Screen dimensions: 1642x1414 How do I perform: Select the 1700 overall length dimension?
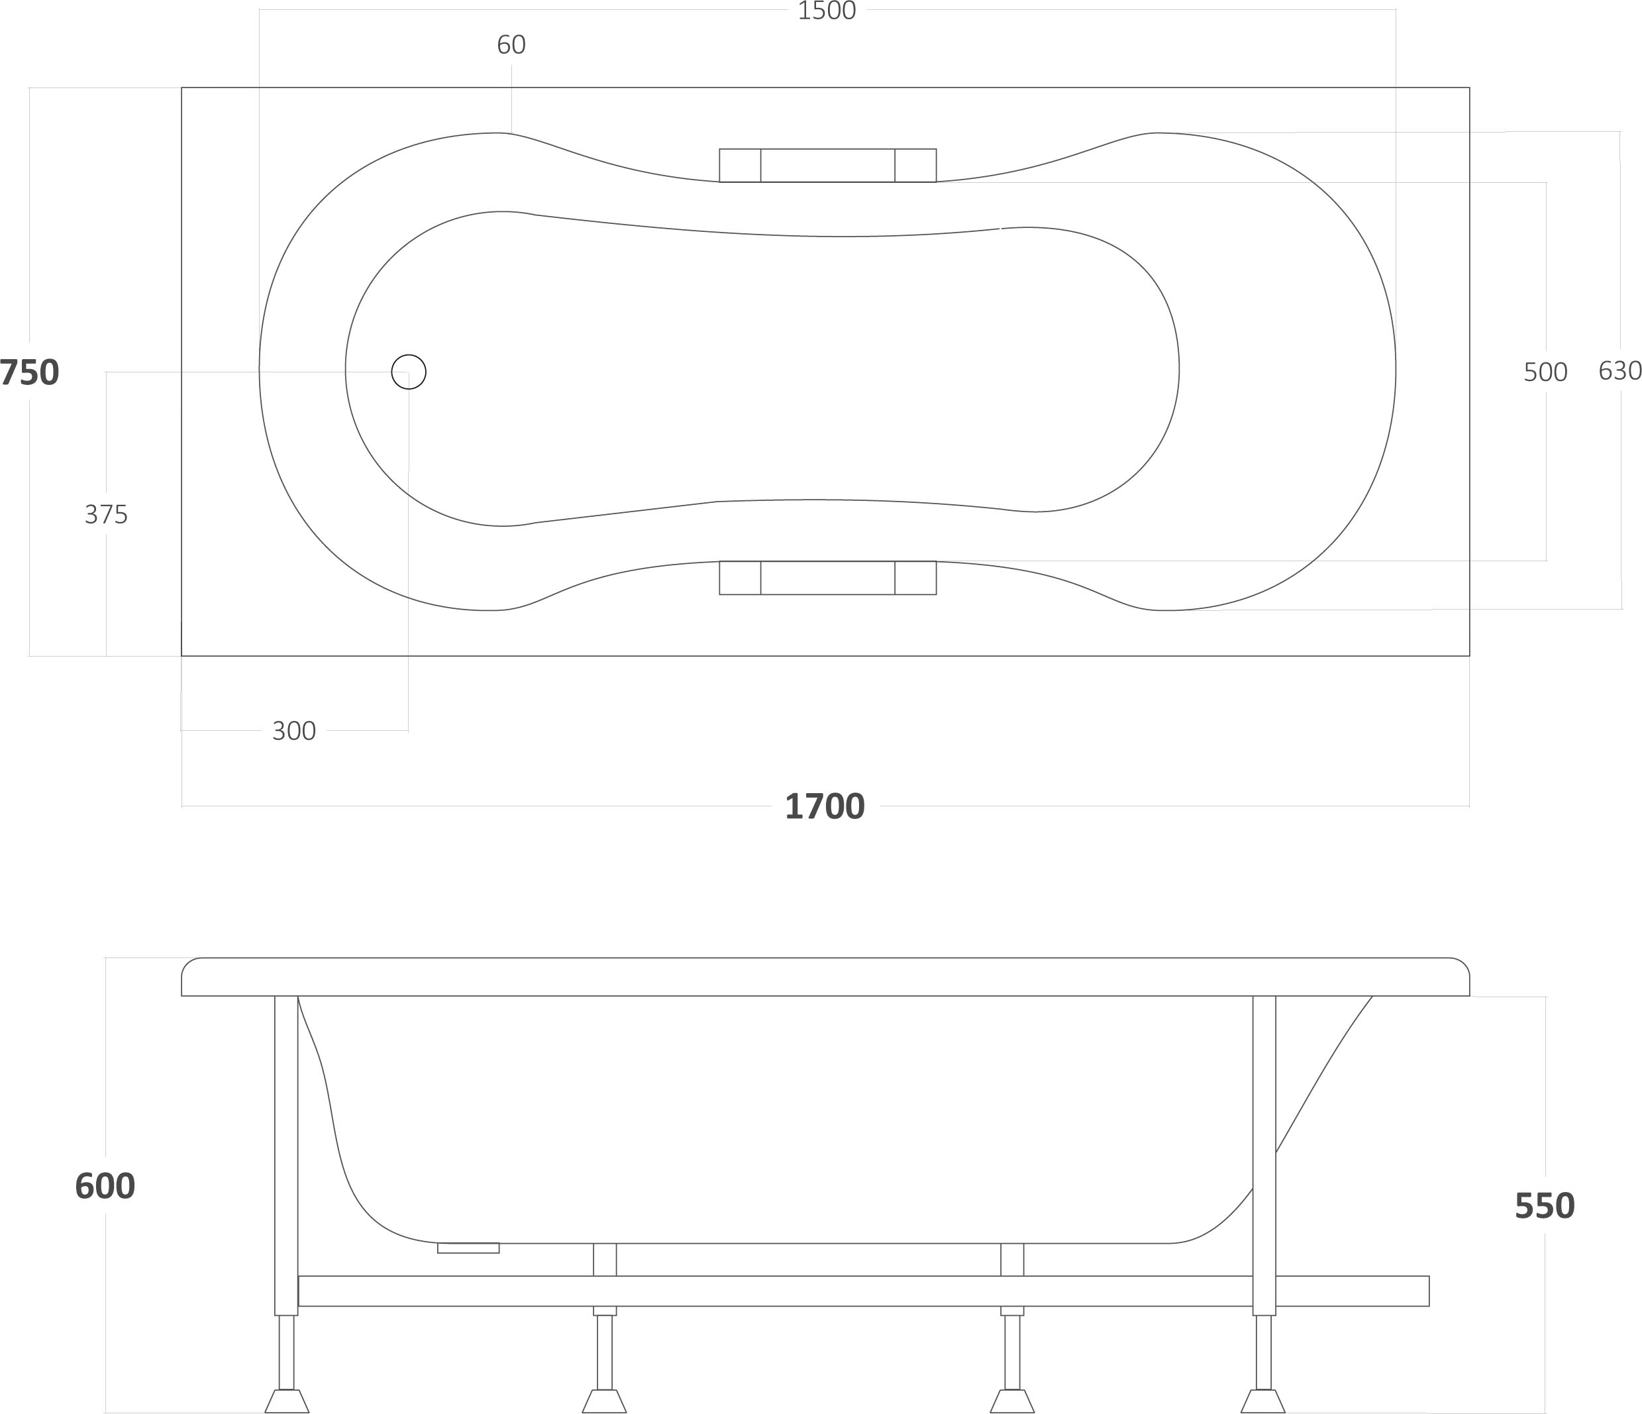(824, 807)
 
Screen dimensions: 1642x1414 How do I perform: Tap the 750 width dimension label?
(29, 372)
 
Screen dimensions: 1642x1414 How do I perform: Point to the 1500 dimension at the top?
(827, 11)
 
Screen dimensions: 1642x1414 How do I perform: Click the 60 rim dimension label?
(511, 45)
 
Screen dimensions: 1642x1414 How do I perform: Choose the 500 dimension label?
(1545, 372)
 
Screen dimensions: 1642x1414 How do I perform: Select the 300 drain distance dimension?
(294, 731)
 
